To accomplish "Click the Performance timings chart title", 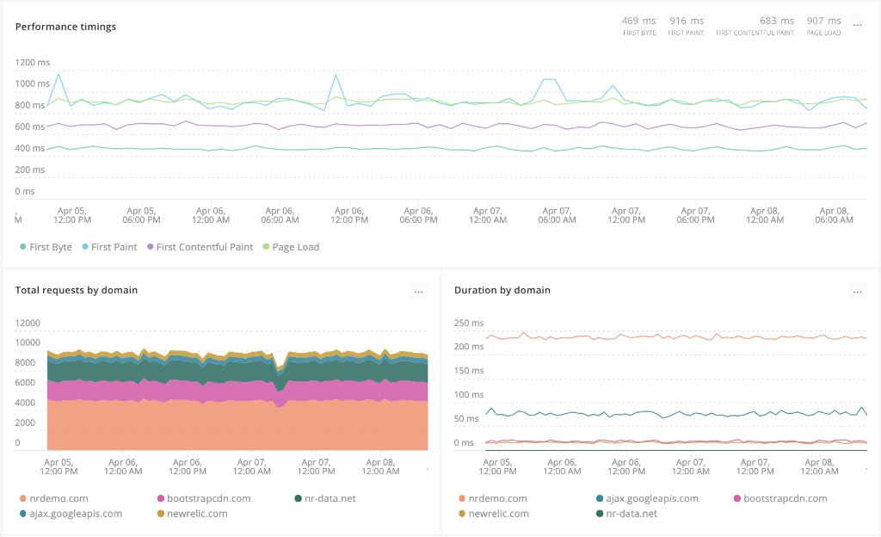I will coord(65,27).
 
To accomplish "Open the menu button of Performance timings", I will coord(857,26).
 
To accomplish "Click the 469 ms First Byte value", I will coord(638,21).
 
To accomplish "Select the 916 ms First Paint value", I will coord(686,21).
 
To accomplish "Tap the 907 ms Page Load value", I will coord(823,21).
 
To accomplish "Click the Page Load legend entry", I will coord(295,247).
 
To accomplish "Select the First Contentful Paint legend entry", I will coord(204,247).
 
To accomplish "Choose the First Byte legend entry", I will coord(50,247).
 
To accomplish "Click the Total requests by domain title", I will coord(77,291).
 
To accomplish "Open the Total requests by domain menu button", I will coord(418,292).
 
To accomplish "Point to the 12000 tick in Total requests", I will coord(28,323).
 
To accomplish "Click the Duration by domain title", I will coord(502,291).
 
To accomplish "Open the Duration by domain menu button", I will coord(857,292).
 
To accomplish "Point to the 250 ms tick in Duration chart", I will coord(469,323).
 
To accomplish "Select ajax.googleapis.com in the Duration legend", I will coord(651,498).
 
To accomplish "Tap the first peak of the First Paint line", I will coord(59,74).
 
